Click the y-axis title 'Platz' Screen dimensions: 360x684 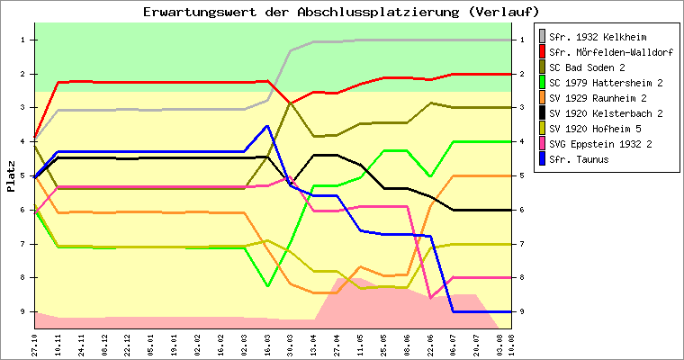pyautogui.click(x=11, y=176)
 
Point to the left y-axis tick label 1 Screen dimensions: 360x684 pyautogui.click(x=20, y=40)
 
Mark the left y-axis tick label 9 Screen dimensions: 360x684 pyautogui.click(x=20, y=311)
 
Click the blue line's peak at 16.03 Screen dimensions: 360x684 pyautogui.click(x=267, y=126)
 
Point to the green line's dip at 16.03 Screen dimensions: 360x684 pyautogui.click(x=267, y=286)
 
